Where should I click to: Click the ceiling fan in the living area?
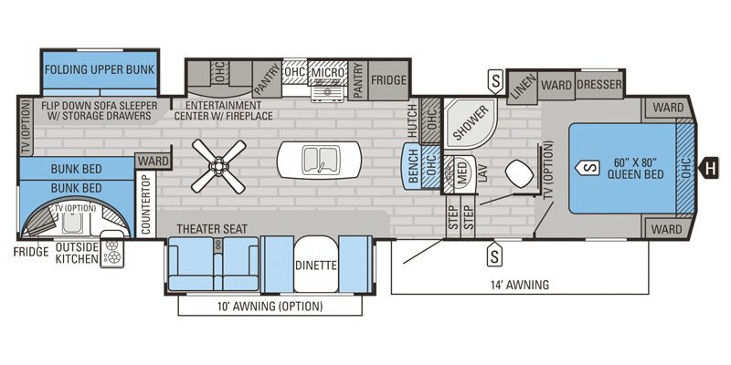point(220,165)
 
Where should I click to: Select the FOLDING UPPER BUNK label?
point(99,69)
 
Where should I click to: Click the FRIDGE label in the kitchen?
point(388,80)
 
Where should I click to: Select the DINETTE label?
point(316,266)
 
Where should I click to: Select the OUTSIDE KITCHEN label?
point(76,252)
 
